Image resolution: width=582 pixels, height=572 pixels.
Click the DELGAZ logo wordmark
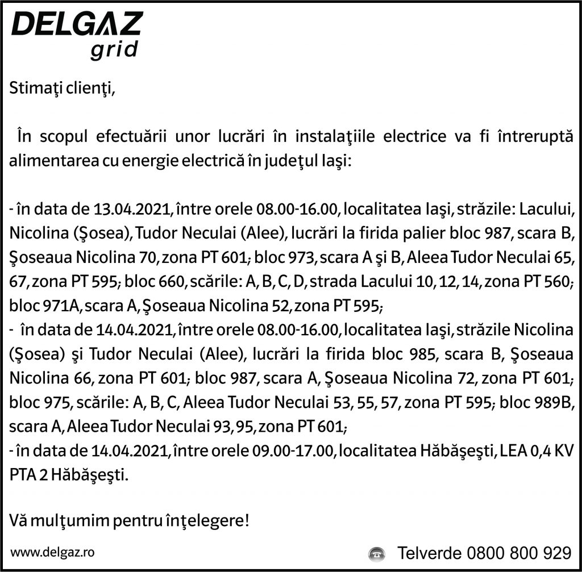tap(77, 26)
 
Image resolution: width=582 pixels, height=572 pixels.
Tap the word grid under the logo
tap(114, 49)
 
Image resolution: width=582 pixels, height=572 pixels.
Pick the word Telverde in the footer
tap(429, 552)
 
